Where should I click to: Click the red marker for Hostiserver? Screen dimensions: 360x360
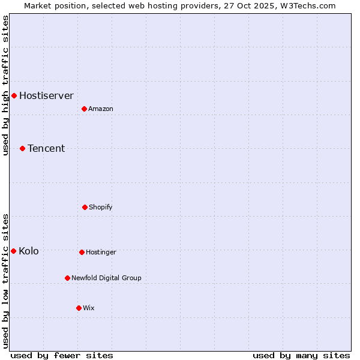14,95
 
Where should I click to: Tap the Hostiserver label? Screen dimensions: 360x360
46,95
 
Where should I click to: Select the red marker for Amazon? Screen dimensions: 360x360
84,109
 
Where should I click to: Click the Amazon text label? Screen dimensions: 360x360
101,109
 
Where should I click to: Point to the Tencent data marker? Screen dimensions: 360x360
22,148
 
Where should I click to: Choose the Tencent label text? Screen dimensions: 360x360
46,148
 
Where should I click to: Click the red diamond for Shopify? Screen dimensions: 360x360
85,207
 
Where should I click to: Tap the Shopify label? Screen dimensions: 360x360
101,207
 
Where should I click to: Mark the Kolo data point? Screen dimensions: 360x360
13,251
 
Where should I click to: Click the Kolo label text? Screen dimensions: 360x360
29,251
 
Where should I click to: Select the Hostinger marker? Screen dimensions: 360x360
82,252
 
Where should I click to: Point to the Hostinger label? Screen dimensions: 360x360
101,252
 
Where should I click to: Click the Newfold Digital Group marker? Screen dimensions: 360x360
67,278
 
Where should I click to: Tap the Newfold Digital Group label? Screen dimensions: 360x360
106,278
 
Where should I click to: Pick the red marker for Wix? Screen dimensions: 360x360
79,308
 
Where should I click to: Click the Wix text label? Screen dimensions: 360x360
89,308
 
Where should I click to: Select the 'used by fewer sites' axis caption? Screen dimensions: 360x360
62,355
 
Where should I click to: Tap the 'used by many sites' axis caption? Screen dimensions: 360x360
301,355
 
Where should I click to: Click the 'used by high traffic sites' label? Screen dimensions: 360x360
5,85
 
